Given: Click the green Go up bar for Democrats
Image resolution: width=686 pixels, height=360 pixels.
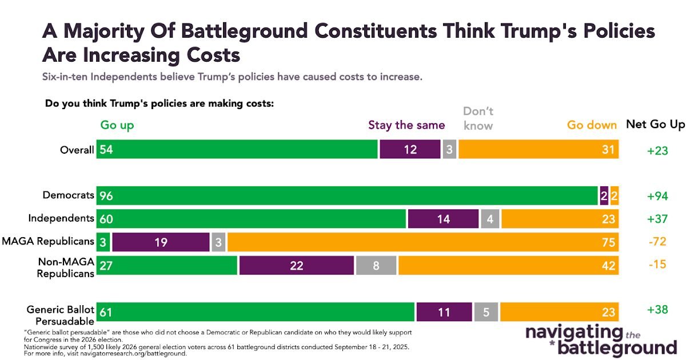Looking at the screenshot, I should pos(347,195).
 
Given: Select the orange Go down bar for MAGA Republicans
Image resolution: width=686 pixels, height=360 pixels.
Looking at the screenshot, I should pos(422,242).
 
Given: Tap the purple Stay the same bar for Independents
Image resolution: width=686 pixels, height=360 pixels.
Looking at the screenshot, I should pos(443,219).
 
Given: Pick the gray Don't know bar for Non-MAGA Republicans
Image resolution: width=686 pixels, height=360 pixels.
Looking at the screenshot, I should pos(376,266).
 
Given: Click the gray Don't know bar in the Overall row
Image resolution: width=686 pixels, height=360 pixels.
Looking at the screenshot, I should pos(449,149).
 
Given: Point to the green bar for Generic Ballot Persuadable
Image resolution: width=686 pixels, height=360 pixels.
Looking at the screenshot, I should pos(255,312).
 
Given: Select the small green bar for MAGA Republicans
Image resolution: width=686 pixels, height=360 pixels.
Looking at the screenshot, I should pos(103,242).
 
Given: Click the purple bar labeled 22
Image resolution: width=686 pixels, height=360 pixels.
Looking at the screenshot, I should pos(296,266).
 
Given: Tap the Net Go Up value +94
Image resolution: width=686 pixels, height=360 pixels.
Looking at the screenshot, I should pos(658,196).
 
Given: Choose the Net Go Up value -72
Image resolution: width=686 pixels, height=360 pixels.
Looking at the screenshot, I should pos(658,242).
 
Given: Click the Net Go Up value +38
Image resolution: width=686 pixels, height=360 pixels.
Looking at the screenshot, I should pos(658,309).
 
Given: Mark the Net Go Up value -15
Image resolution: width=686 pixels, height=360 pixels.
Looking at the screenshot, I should pos(658,266).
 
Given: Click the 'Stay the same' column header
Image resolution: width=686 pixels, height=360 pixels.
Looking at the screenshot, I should pos(406,125).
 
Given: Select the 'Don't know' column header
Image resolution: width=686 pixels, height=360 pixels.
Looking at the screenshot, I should pos(478,118).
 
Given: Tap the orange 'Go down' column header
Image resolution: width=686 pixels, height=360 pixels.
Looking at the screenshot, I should pos(592,125).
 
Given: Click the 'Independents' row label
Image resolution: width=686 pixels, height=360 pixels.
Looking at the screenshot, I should pos(61,218).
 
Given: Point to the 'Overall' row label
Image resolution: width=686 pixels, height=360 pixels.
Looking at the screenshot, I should pos(77,150).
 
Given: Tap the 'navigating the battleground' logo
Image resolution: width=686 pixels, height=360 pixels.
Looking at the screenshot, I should pos(600,340).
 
